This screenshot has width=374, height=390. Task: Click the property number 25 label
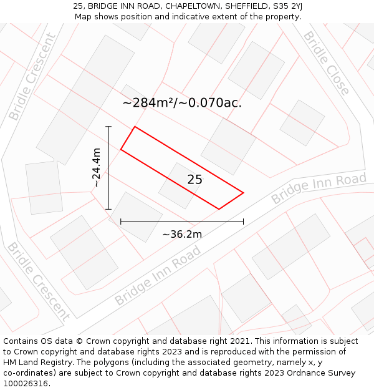[194, 180]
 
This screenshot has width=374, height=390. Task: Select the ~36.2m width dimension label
[182, 234]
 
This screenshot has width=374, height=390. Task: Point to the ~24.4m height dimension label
[96, 167]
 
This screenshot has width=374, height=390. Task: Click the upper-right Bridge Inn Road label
[319, 188]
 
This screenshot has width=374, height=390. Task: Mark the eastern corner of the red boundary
[243, 193]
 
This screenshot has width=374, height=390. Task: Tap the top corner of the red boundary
[135, 127]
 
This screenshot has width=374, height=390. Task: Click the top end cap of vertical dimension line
[108, 127]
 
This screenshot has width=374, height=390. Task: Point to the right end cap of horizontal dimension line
[243, 221]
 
